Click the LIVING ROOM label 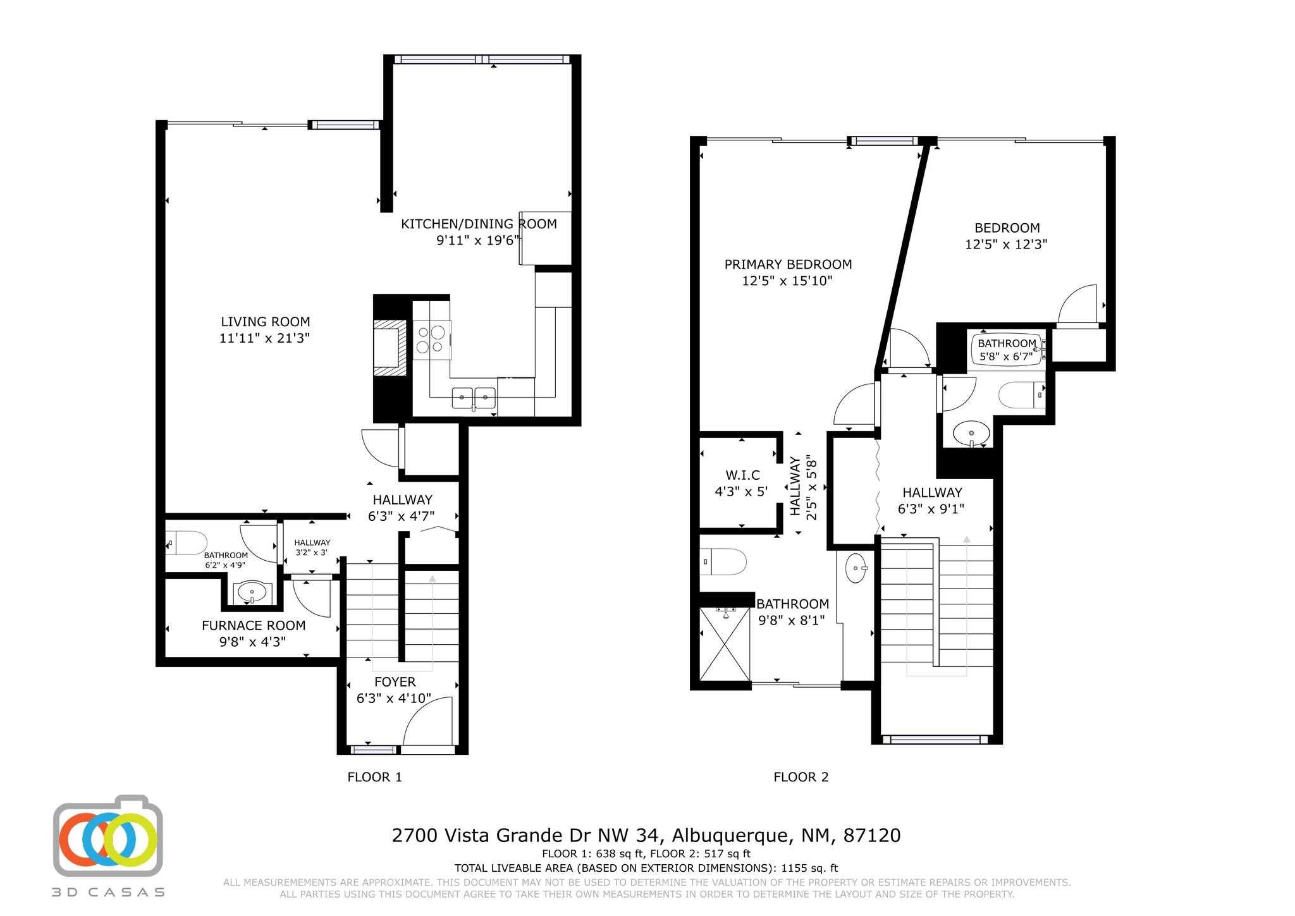tap(265, 322)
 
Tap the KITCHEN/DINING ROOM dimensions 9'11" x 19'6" tap(478, 240)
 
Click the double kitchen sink tap(474, 398)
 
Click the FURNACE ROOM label tap(253, 625)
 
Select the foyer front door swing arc tap(429, 721)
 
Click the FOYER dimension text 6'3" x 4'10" tap(394, 698)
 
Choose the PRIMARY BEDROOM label tap(788, 264)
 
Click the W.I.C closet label tap(742, 475)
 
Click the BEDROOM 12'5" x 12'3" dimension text tap(1006, 245)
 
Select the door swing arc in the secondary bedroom tap(1078, 303)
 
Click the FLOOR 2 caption tap(801, 777)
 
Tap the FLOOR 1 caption tap(374, 777)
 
